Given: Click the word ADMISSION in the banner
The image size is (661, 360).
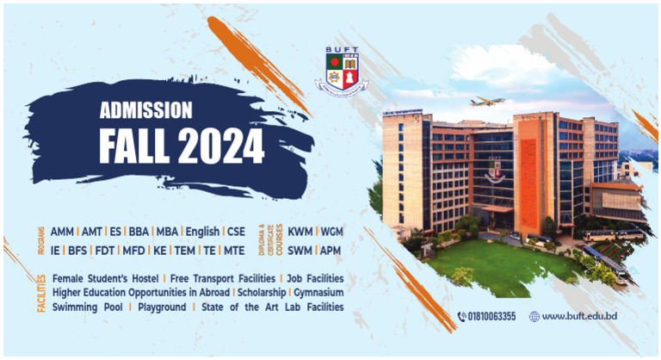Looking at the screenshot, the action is point(145,110).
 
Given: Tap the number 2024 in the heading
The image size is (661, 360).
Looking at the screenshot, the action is point(221,146).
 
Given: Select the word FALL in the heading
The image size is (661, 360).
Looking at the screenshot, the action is point(135,146).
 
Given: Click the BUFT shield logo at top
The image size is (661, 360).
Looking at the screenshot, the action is point(342,71).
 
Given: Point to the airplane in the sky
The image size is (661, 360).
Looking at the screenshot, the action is point(487,102).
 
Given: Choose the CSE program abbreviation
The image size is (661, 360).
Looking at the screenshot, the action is point(236,232).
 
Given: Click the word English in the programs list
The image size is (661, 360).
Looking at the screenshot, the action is point(202,233).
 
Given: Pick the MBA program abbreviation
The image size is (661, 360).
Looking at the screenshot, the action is point(167,232).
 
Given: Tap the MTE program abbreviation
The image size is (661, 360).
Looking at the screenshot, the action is point(234,251).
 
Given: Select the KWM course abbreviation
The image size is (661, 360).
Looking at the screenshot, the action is point(300,232).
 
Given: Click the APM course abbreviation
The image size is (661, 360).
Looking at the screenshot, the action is point(330,251).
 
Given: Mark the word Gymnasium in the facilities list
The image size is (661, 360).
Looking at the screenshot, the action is point(318,293).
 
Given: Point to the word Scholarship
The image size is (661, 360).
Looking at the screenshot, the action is point(262,293).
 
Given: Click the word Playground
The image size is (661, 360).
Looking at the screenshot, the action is point(162,307).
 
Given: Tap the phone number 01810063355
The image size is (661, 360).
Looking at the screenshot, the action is point(491,317).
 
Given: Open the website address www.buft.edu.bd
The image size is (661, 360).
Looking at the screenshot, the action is point(579,316).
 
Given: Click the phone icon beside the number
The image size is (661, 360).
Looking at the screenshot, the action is point(462,317).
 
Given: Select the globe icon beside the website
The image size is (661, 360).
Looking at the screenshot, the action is point(534,317).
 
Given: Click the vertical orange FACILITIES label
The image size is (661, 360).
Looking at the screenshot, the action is point(41,294).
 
